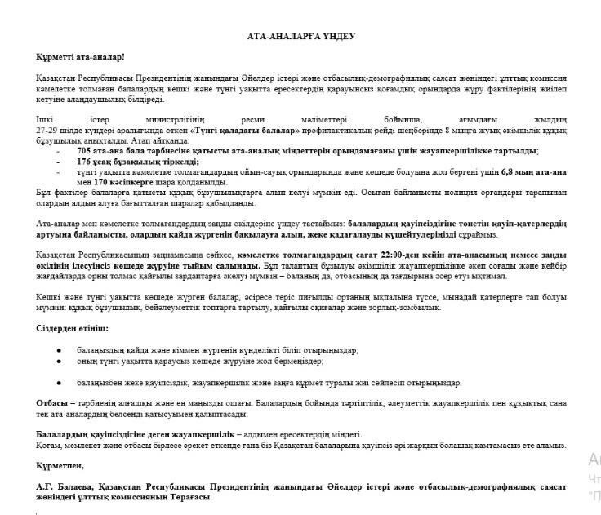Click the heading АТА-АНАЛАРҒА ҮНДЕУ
click(x=301, y=37)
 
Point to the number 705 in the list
click(x=85, y=152)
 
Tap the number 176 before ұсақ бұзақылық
click(x=85, y=162)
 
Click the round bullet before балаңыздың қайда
click(x=59, y=349)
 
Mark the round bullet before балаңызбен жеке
click(x=59, y=382)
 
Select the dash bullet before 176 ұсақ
click(x=58, y=162)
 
